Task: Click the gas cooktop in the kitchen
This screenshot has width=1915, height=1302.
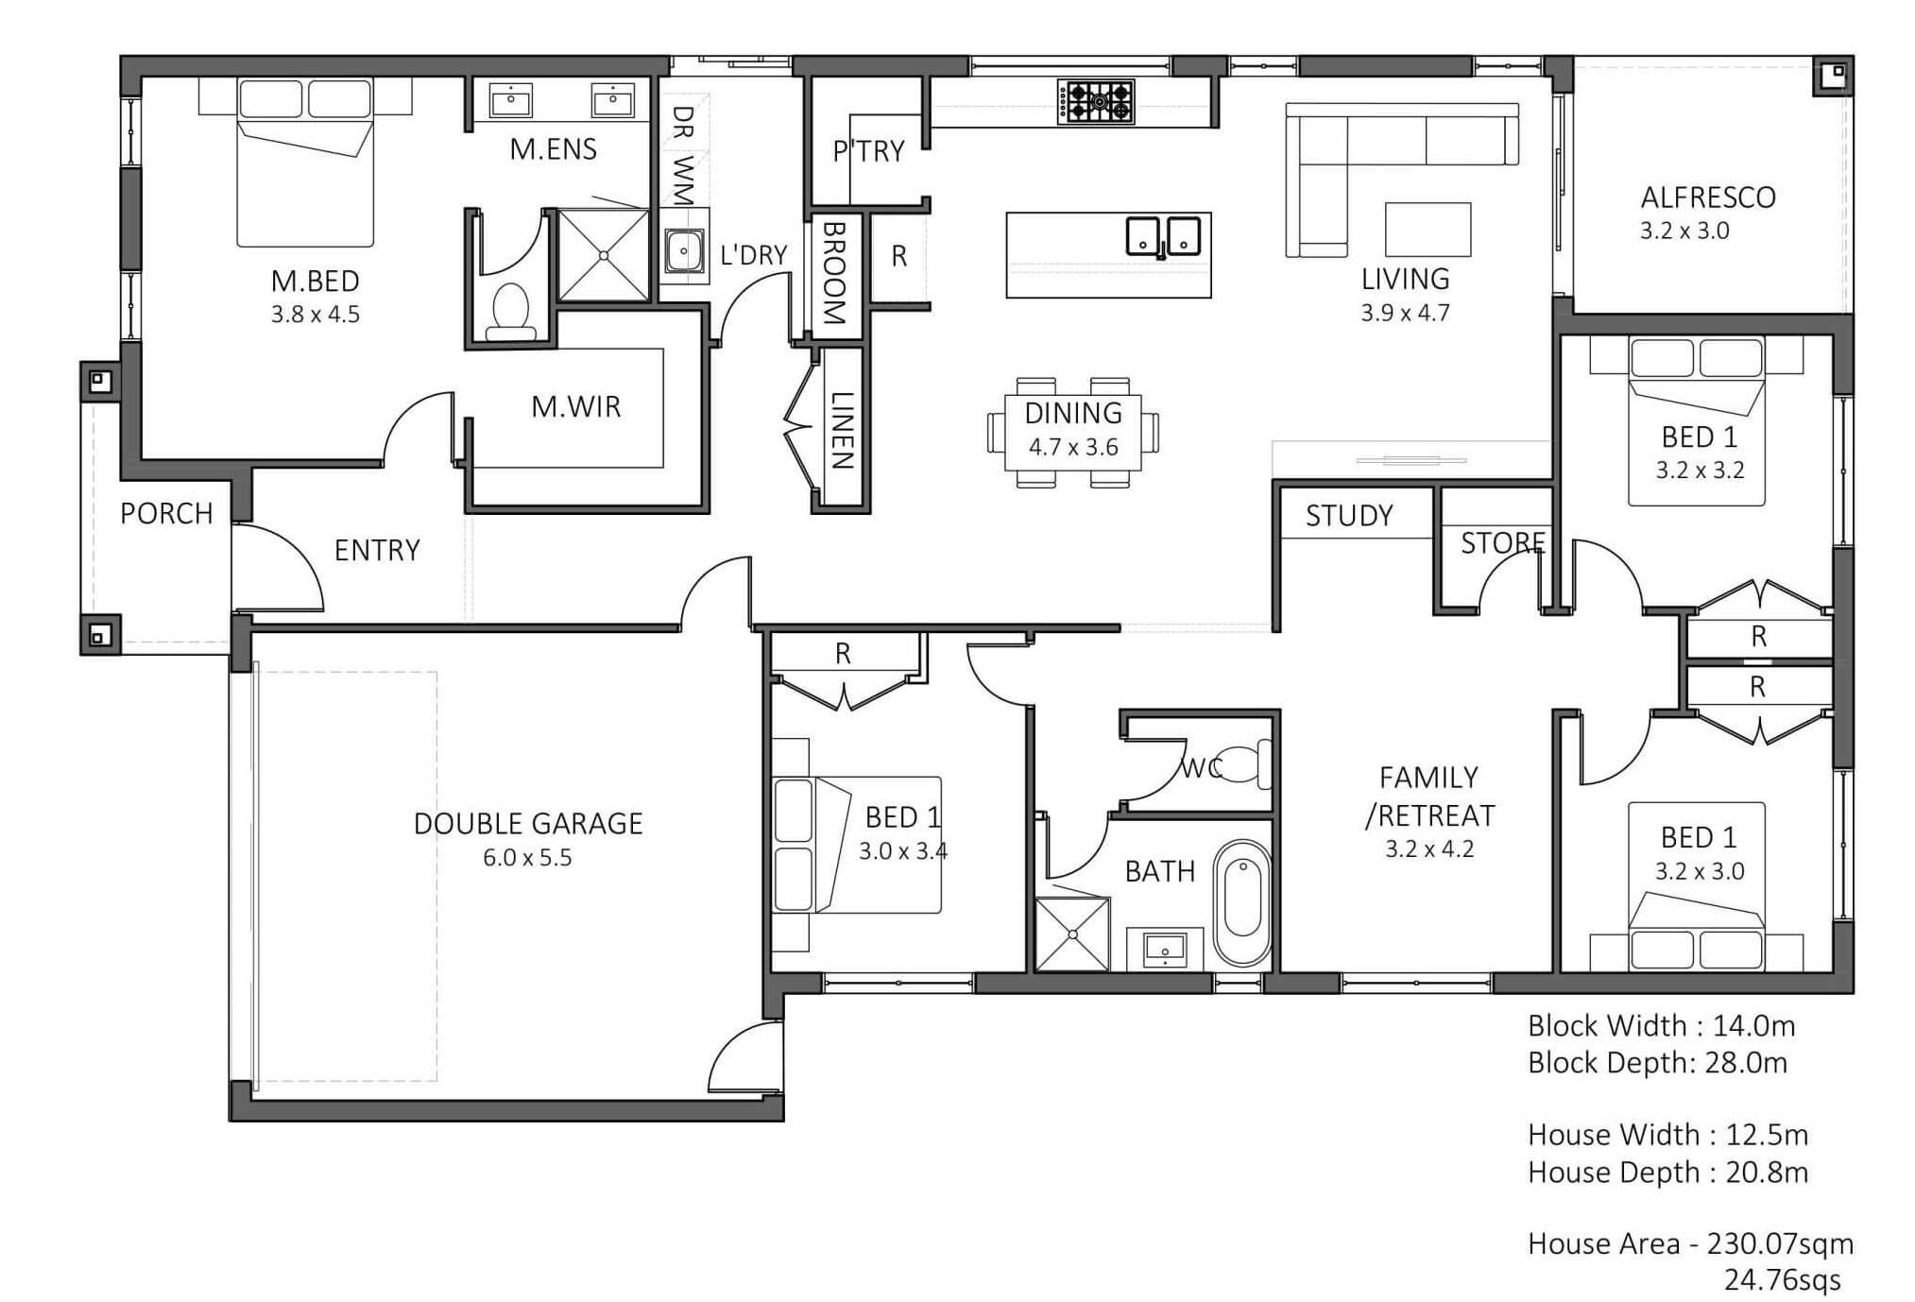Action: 1096,102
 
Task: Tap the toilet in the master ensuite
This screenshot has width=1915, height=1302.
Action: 510,312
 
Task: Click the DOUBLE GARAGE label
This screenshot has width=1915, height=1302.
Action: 528,824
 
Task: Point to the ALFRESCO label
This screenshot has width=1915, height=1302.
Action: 1708,197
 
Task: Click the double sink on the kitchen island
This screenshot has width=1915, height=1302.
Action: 1163,236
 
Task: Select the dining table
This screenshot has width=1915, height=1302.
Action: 1073,432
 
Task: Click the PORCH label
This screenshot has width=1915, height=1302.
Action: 166,514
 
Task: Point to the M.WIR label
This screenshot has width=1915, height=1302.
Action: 576,407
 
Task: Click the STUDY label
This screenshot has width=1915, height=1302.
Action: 1349,516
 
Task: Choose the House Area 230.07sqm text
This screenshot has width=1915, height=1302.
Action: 1691,1243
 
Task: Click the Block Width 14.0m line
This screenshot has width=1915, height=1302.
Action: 1661,1026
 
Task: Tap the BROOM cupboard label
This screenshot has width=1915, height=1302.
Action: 833,273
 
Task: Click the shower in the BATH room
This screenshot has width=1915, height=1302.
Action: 1072,934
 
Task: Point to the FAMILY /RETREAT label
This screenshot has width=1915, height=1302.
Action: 1429,797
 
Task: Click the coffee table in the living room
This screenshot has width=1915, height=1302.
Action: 1428,229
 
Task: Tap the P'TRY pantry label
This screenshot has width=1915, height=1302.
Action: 868,151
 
